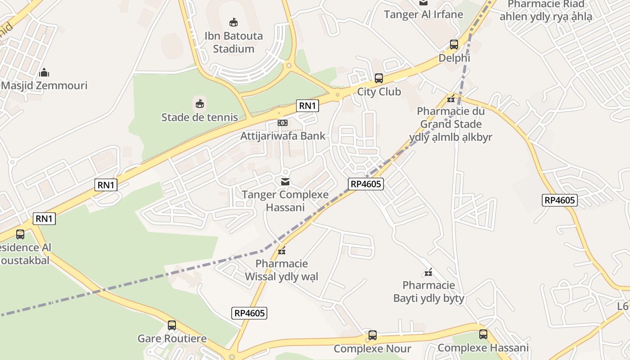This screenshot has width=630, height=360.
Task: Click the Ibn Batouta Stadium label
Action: coord(233,42)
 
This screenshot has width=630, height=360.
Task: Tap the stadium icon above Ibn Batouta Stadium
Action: coord(233,22)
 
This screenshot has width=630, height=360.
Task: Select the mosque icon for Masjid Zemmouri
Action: coord(44,72)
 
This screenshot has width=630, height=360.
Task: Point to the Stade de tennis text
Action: coord(199,117)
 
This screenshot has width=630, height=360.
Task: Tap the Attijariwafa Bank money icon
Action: coord(282,123)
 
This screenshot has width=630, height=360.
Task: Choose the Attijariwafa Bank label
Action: coord(282,136)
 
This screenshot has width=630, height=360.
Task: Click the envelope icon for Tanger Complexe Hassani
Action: coord(285,182)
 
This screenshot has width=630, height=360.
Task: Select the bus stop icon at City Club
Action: coord(378,78)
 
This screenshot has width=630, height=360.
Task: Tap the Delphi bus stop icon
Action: coord(454,45)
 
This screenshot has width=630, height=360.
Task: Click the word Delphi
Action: coord(454,58)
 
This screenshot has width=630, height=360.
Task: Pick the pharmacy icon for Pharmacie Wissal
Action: coord(282,251)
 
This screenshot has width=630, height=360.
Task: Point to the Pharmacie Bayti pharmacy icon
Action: coord(428,272)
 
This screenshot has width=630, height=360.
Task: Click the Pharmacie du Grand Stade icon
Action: coord(451,99)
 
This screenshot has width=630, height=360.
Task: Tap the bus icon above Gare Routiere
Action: coord(171,325)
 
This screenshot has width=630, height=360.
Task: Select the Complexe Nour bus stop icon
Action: coord(372,335)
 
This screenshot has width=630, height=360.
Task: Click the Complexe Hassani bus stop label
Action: coord(483,348)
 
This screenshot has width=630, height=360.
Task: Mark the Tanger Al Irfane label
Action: coord(423,14)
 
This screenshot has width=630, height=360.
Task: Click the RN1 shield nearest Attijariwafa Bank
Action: coord(308,106)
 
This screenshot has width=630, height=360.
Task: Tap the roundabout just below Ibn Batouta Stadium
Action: coord(289,66)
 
